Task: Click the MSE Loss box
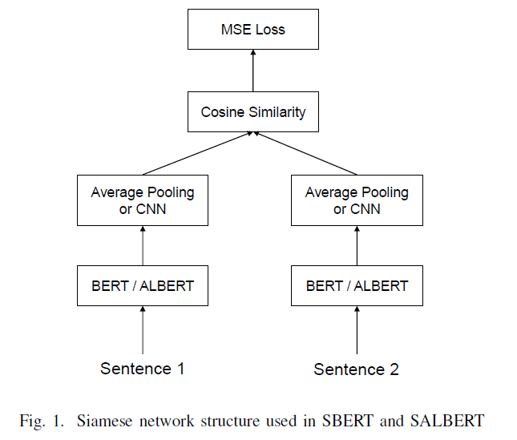point(252,30)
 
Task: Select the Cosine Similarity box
point(252,112)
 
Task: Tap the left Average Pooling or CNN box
point(143,201)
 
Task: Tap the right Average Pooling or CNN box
point(357,201)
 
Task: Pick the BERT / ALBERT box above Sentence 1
point(143,286)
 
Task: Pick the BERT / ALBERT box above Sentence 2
point(357,286)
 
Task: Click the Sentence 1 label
point(143,369)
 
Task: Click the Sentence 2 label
point(357,369)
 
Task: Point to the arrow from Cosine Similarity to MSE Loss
point(252,71)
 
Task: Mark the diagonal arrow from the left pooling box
point(197,154)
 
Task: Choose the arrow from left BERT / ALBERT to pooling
point(143,245)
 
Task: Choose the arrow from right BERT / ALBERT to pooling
point(357,245)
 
